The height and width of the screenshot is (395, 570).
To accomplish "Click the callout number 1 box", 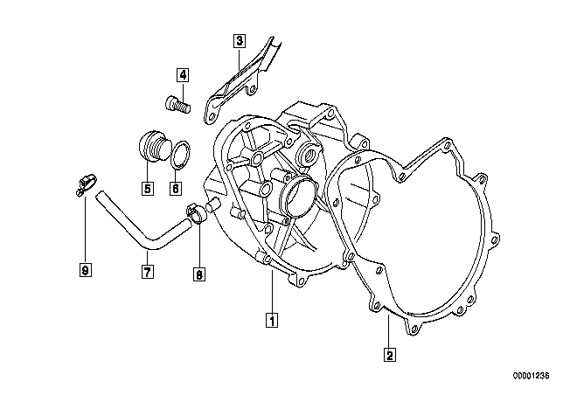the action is coord(272,320).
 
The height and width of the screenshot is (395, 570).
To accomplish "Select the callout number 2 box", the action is coord(390,354).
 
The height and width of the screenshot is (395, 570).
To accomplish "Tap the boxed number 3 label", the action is coord(240,40).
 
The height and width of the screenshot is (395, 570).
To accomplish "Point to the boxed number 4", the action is coord(183,75).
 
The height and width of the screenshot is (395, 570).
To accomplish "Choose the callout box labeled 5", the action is coord(147,188).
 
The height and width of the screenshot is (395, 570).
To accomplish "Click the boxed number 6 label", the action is coord(176,188).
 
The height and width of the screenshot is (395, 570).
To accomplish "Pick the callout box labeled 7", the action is coord(147,271).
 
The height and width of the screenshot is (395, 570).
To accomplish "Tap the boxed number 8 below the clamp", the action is coord(198,274).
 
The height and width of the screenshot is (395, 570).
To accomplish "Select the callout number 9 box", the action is coord(85,270).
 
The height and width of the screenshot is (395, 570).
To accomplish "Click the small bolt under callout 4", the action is coord(177,104).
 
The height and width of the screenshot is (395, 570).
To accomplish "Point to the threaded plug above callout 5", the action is coord(153,146).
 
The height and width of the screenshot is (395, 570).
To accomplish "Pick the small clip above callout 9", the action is coord(86,183).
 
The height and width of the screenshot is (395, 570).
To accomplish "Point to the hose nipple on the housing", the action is coord(213,204).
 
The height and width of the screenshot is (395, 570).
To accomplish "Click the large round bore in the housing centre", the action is coord(299,197).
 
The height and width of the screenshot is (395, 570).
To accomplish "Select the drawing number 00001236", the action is coord(532,376).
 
